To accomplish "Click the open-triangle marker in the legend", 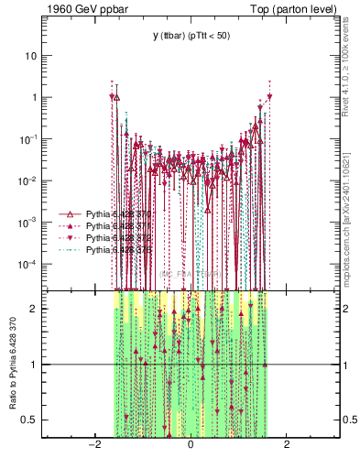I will click(x=69, y=213).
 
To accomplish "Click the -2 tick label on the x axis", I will click(x=93, y=445).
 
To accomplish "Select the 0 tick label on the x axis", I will click(x=191, y=445).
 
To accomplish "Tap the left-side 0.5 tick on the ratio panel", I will click(x=31, y=420).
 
